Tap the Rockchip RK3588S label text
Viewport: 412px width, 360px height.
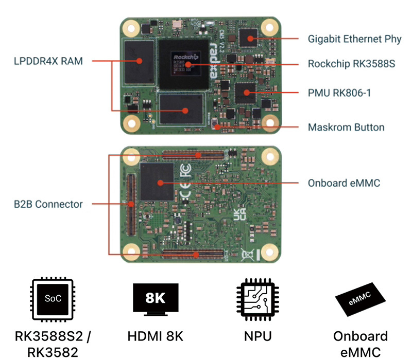pos(351,64)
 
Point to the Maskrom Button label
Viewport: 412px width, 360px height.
pos(346,127)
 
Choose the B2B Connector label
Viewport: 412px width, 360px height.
pos(48,204)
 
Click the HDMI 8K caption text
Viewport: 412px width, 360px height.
pos(155,337)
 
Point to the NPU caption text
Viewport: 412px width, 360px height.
pos(257,337)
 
